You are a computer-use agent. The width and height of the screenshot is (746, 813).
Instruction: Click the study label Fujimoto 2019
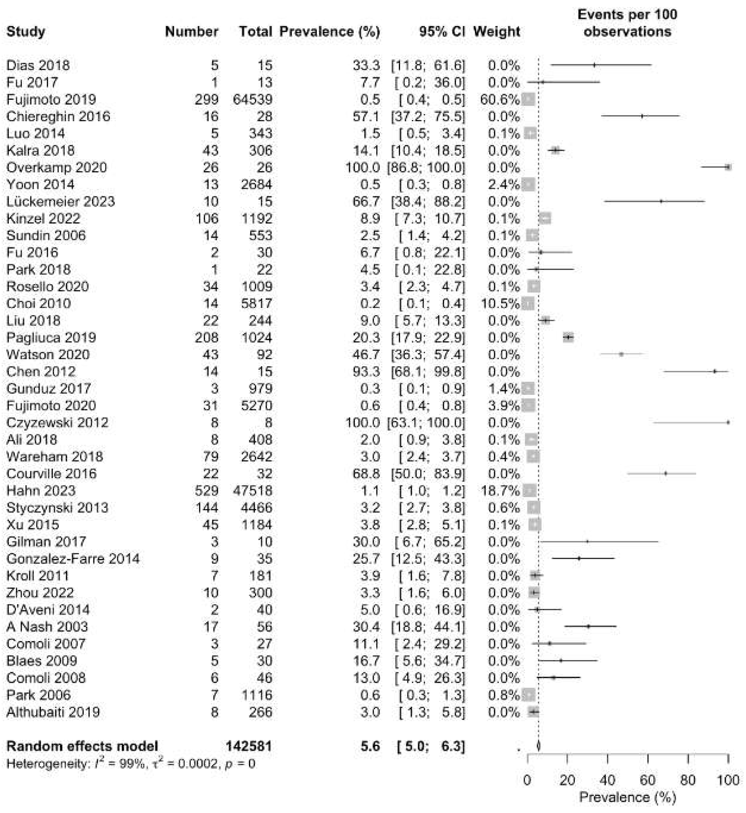[x=51, y=99]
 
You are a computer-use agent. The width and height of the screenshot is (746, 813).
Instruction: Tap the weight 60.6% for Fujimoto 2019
[x=500, y=99]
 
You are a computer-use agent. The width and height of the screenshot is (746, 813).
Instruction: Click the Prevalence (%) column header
[x=329, y=31]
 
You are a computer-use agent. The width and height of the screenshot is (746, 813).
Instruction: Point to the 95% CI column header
[x=442, y=31]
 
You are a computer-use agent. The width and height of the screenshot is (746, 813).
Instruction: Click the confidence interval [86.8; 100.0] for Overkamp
[x=426, y=167]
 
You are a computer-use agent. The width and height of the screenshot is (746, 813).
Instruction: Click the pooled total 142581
[x=249, y=746]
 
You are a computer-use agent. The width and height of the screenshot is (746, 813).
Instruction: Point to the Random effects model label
[x=82, y=746]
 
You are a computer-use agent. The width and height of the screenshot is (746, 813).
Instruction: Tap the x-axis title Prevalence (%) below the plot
[x=627, y=797]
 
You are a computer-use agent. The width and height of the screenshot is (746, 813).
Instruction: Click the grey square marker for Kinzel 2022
[x=545, y=218]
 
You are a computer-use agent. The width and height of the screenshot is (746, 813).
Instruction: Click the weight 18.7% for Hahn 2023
[x=500, y=491]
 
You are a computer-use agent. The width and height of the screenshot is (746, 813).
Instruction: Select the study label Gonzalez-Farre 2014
[x=73, y=559]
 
